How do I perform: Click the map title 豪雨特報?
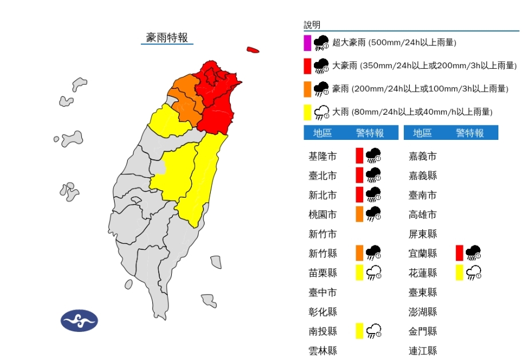click(x=167, y=38)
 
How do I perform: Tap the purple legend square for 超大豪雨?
click(x=308, y=42)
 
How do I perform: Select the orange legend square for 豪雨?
click(x=308, y=89)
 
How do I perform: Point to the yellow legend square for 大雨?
click(x=308, y=112)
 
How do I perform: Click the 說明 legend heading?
click(x=312, y=25)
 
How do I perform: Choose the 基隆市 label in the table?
click(x=323, y=156)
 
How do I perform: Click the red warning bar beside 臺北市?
click(x=359, y=175)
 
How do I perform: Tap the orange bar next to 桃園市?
click(x=359, y=214)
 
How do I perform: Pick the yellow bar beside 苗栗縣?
click(x=359, y=273)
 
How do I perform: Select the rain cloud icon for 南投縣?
click(x=373, y=331)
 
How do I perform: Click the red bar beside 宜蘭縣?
click(x=459, y=253)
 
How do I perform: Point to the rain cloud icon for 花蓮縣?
click(x=473, y=273)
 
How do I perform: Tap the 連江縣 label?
click(x=423, y=351)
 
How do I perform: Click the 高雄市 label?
click(x=423, y=214)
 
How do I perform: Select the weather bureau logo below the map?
click(x=79, y=320)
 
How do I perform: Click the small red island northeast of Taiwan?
click(x=253, y=50)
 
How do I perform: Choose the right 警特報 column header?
click(x=470, y=133)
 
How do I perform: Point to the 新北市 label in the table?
click(x=323, y=195)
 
